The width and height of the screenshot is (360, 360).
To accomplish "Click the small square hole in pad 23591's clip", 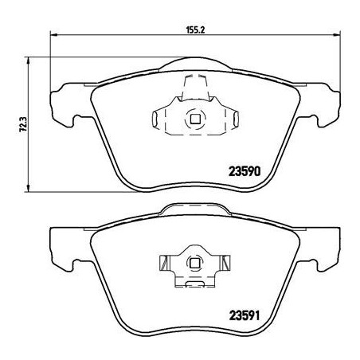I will click(192, 262).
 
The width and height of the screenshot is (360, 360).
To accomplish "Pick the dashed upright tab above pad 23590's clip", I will click(192, 84).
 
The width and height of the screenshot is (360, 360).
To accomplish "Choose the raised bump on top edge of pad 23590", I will click(192, 63).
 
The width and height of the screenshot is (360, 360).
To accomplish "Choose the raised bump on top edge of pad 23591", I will click(192, 210).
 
